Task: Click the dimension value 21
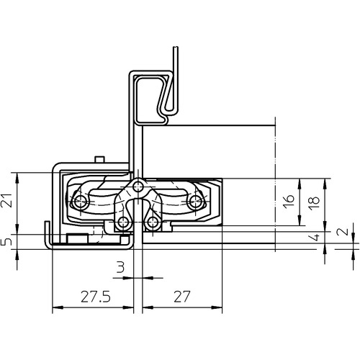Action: tap(6, 200)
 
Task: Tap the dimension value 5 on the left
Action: tap(7, 242)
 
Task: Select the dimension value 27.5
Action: tap(96, 297)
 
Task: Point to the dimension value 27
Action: tap(182, 297)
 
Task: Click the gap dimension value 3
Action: tap(120, 267)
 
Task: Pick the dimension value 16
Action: tap(289, 202)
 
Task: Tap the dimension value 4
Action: tap(316, 237)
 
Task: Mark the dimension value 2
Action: tap(344, 231)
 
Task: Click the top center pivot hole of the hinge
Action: tap(138, 186)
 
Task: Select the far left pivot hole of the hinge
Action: tap(78, 202)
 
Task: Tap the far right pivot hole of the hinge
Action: tap(195, 201)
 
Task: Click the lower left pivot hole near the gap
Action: tap(123, 222)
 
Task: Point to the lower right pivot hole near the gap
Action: tap(152, 222)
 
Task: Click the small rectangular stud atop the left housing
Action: tap(99, 160)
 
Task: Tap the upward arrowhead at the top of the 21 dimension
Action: tap(17, 177)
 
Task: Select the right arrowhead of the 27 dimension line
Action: tap(217, 307)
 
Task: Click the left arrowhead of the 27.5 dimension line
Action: tap(57, 307)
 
